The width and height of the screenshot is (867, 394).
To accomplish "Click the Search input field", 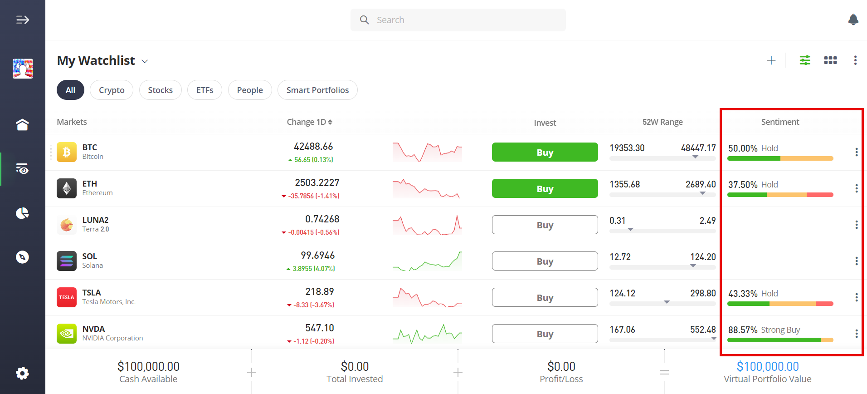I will (x=458, y=20).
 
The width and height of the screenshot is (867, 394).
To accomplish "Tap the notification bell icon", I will (x=853, y=20).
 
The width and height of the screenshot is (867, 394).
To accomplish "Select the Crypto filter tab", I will (x=112, y=90).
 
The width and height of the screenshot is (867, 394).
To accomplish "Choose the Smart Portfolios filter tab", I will (x=317, y=90).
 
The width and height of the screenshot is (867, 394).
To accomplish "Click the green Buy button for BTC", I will (x=545, y=152).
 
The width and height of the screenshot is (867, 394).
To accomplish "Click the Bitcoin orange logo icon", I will (x=67, y=152).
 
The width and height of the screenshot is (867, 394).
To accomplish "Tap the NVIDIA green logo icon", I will (x=67, y=334).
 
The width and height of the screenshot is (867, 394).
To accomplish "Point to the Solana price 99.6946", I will (x=317, y=256).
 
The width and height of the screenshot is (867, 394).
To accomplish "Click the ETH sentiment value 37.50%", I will (x=743, y=185).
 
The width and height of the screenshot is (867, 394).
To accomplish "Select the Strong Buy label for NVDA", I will (x=780, y=330).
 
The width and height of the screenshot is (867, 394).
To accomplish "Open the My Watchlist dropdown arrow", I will (x=145, y=61).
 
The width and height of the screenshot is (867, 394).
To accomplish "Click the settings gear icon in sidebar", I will (x=22, y=373).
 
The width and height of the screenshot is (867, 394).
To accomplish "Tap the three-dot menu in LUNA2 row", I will (x=856, y=225).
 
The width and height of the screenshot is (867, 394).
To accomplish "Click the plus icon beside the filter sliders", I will (x=771, y=60).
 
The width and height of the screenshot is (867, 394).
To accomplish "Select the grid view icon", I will (x=830, y=60).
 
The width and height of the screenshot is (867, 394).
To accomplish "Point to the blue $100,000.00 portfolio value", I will (x=768, y=366).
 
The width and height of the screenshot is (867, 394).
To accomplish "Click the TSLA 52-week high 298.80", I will (x=703, y=293).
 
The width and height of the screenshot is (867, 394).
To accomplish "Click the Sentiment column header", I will (x=780, y=122).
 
